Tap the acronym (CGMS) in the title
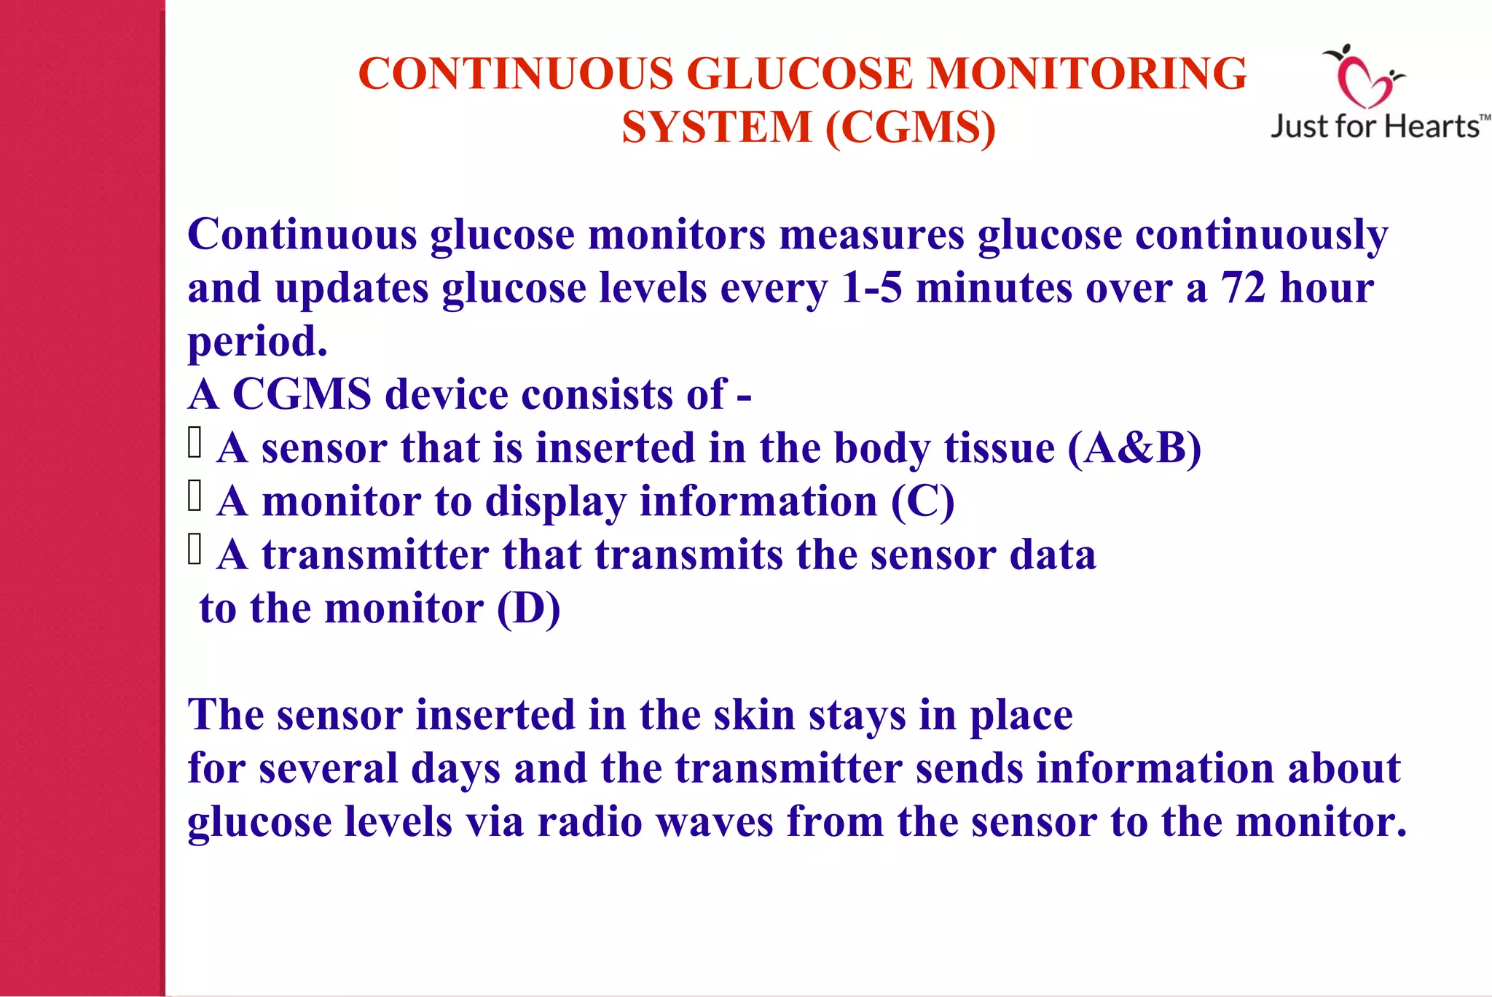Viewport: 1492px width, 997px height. (911, 128)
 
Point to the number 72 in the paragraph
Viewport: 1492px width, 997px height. (1244, 287)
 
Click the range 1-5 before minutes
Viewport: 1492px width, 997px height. (871, 287)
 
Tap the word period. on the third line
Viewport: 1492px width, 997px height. (258, 341)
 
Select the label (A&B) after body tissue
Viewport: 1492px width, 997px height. (1134, 447)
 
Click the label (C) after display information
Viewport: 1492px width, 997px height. (922, 501)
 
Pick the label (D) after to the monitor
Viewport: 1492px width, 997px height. (528, 608)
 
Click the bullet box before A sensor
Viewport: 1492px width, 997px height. (195, 442)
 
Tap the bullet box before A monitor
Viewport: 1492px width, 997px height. (195, 496)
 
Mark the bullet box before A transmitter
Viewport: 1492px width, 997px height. (195, 550)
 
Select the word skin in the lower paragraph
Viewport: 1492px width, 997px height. (754, 714)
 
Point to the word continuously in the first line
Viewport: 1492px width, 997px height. (1261, 235)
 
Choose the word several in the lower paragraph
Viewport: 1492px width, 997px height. (328, 768)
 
